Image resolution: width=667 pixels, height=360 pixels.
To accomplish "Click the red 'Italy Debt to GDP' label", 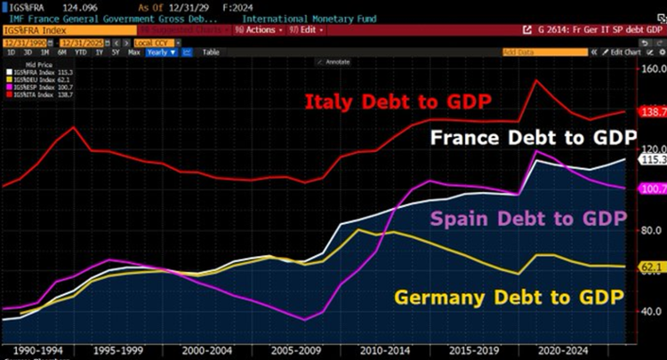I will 398,102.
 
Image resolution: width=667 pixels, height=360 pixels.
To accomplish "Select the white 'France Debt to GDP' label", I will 533,139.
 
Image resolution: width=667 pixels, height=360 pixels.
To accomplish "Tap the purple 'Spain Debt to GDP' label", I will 528,219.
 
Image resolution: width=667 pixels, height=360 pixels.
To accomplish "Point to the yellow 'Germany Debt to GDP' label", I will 510,297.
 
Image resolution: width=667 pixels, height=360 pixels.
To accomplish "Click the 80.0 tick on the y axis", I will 652,230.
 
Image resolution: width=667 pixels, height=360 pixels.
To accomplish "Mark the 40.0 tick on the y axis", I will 652,311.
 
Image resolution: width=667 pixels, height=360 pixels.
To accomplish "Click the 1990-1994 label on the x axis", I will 37,350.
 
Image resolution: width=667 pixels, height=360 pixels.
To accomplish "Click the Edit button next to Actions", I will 307,29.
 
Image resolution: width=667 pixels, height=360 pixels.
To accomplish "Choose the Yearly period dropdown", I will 162,52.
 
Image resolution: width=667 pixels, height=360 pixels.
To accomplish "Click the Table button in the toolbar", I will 212,52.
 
